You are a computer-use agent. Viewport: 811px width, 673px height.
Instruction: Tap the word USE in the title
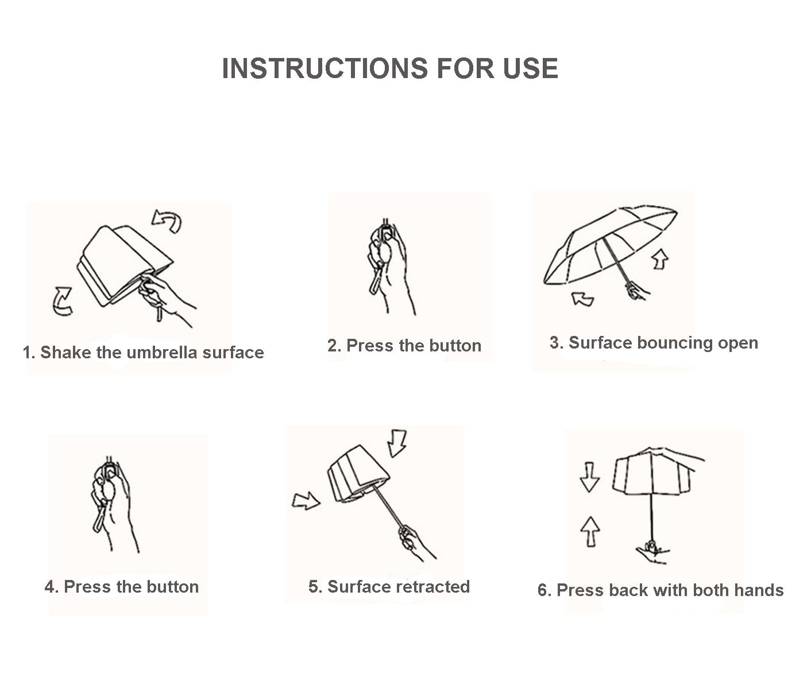pos(530,69)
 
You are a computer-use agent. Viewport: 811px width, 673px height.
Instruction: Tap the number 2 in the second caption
pos(333,346)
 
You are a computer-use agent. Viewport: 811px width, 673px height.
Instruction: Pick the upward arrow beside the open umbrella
pos(660,259)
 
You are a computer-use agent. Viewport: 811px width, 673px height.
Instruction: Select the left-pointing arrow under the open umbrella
pos(582,299)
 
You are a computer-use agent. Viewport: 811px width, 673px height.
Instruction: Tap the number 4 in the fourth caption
pos(51,587)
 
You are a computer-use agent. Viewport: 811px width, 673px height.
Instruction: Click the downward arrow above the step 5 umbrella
pos(397,443)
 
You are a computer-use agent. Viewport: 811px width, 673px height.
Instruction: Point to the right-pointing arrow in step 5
pos(306,501)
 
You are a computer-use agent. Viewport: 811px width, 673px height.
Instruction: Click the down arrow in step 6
pos(590,477)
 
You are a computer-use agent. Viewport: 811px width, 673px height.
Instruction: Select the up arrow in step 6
pos(590,532)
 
